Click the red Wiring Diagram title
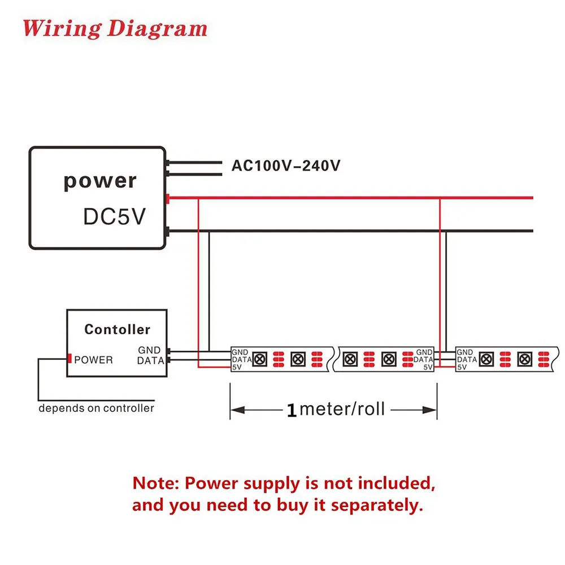pyautogui.click(x=115, y=28)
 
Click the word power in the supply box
pyautogui.click(x=100, y=181)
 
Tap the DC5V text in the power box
pyautogui.click(x=114, y=216)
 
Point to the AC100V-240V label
pyautogui.click(x=286, y=166)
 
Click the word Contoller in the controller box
pyautogui.click(x=117, y=329)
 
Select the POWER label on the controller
pyautogui.click(x=93, y=359)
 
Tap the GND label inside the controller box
pyautogui.click(x=149, y=350)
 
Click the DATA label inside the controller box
pyautogui.click(x=151, y=360)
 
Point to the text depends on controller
pyautogui.click(x=96, y=408)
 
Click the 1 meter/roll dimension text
pyautogui.click(x=336, y=409)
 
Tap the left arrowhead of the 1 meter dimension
pyautogui.click(x=238, y=410)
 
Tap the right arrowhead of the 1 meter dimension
pyautogui.click(x=429, y=410)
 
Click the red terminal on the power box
pyautogui.click(x=168, y=198)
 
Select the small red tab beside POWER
pyautogui.click(x=69, y=359)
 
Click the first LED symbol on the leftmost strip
pyautogui.click(x=260, y=359)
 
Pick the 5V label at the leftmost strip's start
pyautogui.click(x=237, y=367)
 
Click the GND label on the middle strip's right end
pyautogui.click(x=424, y=352)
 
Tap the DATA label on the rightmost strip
pyautogui.click(x=467, y=359)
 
